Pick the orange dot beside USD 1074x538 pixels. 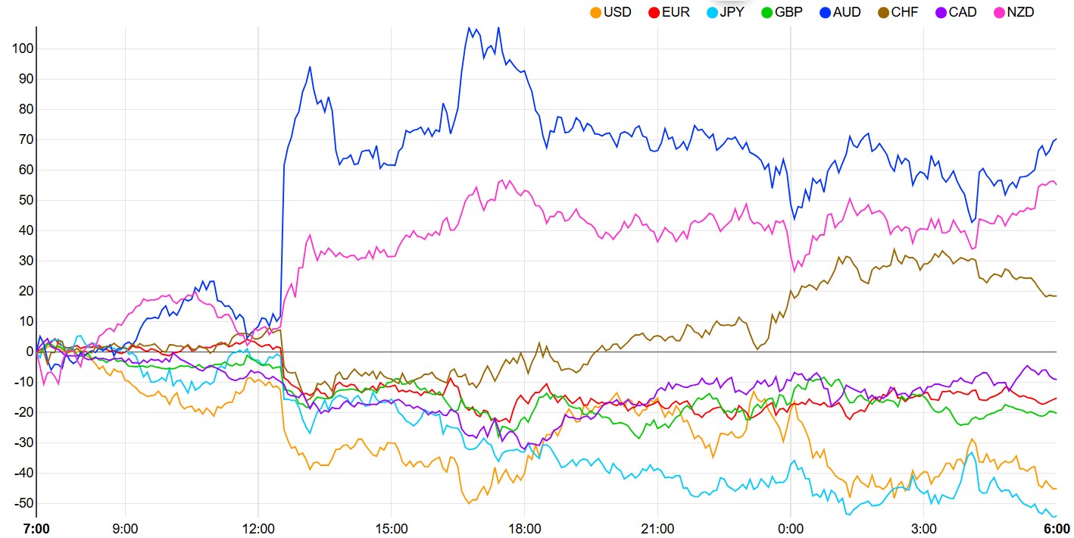595,12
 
